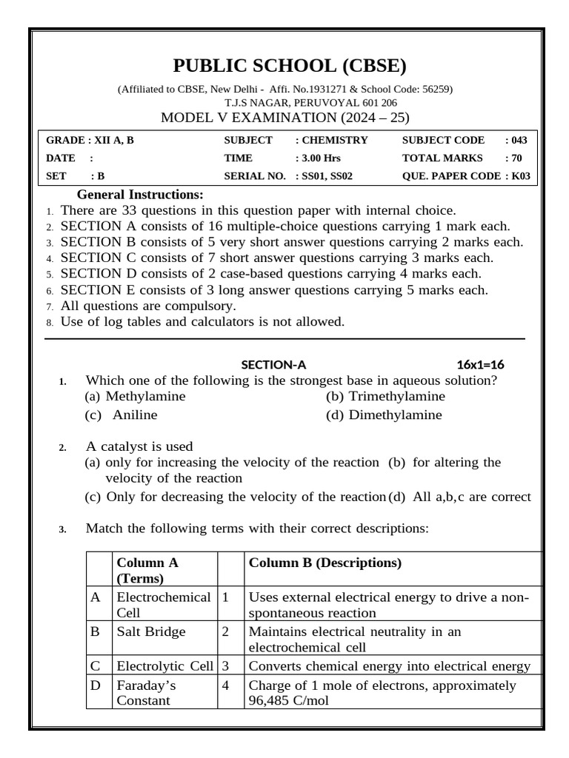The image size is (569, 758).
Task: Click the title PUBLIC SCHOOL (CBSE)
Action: pyautogui.click(x=290, y=67)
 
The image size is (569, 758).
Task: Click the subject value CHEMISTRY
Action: pyautogui.click(x=333, y=139)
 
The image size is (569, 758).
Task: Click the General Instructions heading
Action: pyautogui.click(x=140, y=195)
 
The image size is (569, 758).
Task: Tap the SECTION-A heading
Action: pyautogui.click(x=273, y=364)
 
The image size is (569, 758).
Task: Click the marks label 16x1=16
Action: pyautogui.click(x=481, y=364)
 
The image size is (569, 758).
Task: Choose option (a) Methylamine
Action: pyautogui.click(x=135, y=396)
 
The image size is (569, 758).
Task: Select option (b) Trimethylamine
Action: pyautogui.click(x=385, y=396)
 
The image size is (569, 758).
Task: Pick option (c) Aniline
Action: pyautogui.click(x=122, y=415)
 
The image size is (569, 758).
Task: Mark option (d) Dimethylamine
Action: pyautogui.click(x=384, y=415)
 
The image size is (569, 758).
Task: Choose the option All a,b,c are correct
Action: pyautogui.click(x=462, y=497)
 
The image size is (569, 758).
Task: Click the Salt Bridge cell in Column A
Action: pyautogui.click(x=151, y=632)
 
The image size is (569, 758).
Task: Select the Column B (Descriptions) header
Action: pyautogui.click(x=325, y=563)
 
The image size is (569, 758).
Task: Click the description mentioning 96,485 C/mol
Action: pyautogui.click(x=382, y=692)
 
